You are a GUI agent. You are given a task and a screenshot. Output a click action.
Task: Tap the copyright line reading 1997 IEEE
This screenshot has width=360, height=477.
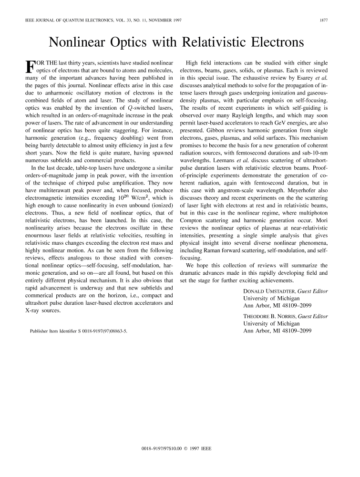click(x=180, y=449)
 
